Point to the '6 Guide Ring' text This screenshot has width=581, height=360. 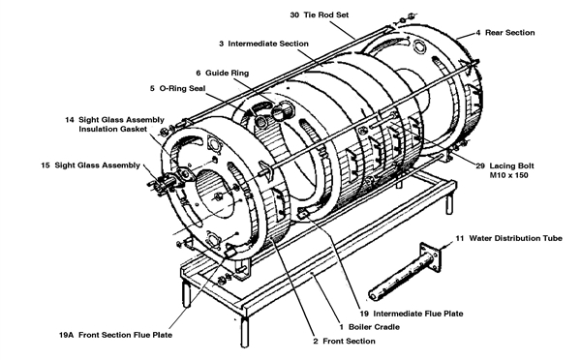click(x=222, y=73)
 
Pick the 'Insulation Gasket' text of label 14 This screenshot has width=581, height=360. click(x=113, y=129)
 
